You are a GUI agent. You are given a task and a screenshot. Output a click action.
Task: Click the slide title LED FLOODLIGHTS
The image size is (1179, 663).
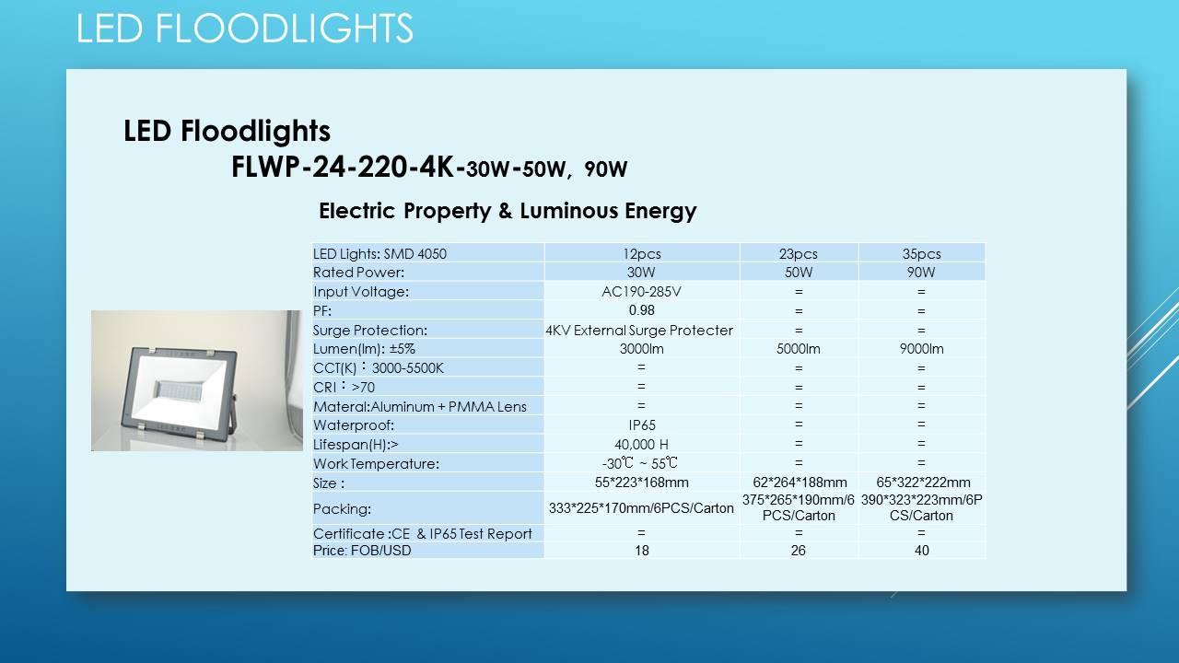(x=245, y=28)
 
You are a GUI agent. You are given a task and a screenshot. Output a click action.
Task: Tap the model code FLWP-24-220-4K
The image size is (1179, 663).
(x=342, y=168)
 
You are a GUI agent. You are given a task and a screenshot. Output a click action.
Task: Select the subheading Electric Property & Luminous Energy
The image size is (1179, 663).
(x=508, y=211)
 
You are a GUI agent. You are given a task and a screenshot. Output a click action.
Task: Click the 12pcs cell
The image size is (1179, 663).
(x=642, y=253)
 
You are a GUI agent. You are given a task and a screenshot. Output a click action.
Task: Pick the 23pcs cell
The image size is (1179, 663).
(x=799, y=253)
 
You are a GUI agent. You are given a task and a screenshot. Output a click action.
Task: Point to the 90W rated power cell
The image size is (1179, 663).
(x=921, y=273)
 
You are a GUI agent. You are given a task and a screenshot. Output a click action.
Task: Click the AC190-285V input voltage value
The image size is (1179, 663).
(x=642, y=292)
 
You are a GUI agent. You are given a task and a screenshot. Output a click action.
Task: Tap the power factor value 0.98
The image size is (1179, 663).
(x=642, y=310)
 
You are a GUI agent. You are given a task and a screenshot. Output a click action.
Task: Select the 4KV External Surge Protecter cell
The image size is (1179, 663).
(x=639, y=331)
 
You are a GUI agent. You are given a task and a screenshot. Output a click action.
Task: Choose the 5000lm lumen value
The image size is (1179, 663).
(x=799, y=349)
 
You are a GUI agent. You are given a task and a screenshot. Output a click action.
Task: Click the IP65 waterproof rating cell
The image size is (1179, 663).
(x=642, y=425)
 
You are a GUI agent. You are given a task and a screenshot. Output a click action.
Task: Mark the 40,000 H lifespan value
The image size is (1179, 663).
(x=642, y=445)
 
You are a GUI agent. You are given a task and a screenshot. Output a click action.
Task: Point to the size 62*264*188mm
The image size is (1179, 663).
(x=800, y=483)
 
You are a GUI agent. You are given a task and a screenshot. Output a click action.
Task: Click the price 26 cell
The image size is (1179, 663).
(x=799, y=551)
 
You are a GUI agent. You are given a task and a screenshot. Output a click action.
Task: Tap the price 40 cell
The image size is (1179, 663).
(x=922, y=551)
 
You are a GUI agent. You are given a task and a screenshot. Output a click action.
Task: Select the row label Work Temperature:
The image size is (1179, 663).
(x=376, y=464)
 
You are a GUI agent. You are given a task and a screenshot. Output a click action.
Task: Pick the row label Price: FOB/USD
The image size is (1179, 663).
(x=362, y=551)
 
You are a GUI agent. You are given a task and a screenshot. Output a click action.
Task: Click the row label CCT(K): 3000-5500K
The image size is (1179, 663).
(x=379, y=367)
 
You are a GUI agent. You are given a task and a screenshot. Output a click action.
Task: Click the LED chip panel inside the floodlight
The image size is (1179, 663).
(x=179, y=390)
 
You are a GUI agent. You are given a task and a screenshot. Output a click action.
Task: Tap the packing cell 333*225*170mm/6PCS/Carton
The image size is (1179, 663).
(x=641, y=508)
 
